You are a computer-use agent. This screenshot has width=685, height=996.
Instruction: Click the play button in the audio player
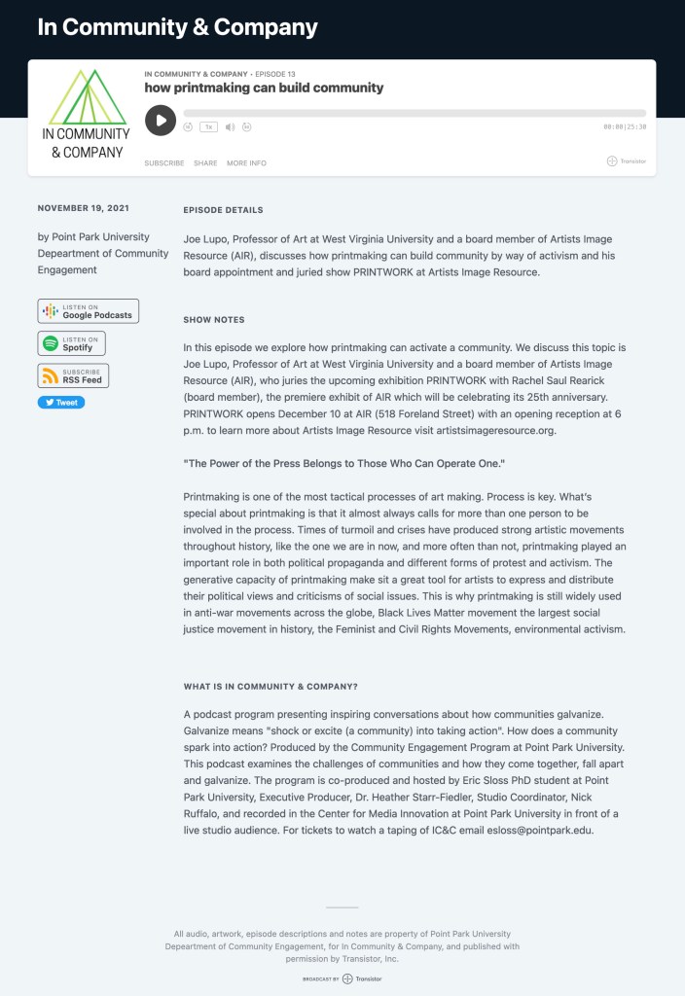[x=161, y=121]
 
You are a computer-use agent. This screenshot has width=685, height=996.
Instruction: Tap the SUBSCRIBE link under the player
[x=164, y=163]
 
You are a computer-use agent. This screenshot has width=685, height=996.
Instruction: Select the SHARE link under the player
[x=205, y=163]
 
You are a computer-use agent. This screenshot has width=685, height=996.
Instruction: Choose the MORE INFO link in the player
[x=246, y=163]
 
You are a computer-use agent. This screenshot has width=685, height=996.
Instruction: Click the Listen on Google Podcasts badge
[x=89, y=311]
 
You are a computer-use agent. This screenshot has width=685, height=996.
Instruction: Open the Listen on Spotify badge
[x=72, y=343]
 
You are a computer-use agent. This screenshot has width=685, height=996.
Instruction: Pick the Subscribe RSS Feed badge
[x=73, y=375]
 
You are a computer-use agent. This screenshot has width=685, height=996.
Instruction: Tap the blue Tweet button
[x=61, y=403]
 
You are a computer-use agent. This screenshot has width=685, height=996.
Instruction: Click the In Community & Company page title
[x=177, y=27]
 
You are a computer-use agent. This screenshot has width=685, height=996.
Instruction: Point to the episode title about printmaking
[x=264, y=88]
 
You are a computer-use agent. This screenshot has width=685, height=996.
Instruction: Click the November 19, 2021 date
[x=83, y=208]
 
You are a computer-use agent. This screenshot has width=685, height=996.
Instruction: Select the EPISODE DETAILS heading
[x=223, y=210]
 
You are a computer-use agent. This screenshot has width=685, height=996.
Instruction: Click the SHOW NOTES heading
[x=214, y=320]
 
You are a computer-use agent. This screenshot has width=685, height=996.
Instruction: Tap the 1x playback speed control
[x=208, y=126]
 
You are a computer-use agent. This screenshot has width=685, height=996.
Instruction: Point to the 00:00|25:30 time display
[x=625, y=126]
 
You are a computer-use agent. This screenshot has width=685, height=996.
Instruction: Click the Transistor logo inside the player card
[x=626, y=161]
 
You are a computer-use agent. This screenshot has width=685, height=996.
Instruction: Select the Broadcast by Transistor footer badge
[x=342, y=978]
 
